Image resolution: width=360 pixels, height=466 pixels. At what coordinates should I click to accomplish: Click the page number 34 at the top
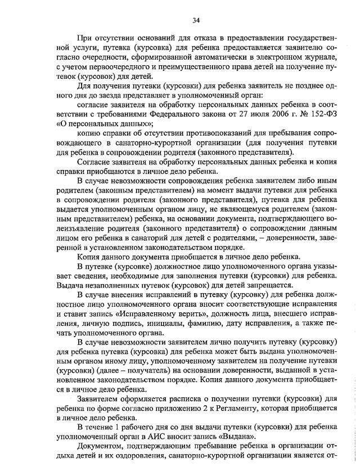(196, 21)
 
